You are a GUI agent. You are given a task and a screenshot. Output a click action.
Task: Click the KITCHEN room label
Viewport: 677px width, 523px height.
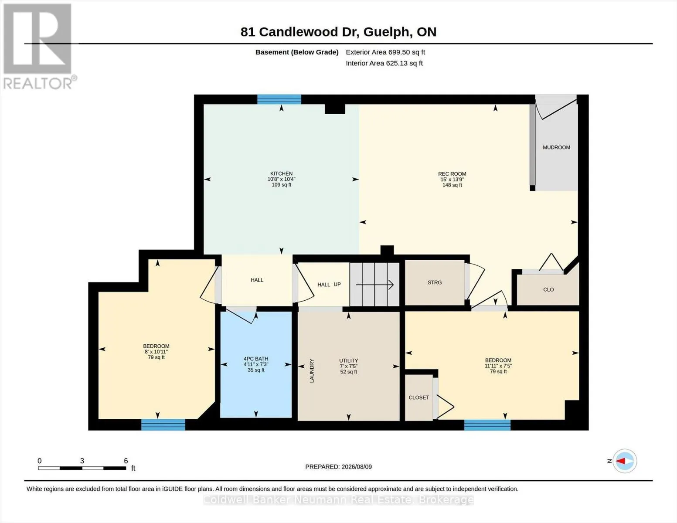pos(281,173)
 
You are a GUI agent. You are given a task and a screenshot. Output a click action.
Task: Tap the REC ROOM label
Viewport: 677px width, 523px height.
pos(452,174)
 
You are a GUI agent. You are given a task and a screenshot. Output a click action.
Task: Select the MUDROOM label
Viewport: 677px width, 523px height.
pos(556,147)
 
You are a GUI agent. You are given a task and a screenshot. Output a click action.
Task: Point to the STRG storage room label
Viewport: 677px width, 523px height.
pos(435,282)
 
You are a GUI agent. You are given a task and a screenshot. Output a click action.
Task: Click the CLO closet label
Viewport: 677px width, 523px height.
pos(548,290)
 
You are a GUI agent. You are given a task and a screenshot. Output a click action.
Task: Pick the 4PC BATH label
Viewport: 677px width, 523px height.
pos(256,359)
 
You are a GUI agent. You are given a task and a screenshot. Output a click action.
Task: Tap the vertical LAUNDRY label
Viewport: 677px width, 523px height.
pos(312,371)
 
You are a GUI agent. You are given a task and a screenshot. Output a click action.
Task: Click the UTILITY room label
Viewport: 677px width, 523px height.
pos(349,361)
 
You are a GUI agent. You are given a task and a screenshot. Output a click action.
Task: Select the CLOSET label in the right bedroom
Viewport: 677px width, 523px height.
pos(419,397)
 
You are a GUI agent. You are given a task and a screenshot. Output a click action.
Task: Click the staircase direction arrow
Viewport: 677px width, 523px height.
pos(374,285)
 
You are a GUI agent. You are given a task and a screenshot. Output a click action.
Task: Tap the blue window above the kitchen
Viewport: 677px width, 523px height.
pos(279,99)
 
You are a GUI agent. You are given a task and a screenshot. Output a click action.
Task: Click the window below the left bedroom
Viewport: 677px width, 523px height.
pos(163,425)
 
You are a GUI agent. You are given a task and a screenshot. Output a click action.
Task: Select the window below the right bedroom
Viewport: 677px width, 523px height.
pos(487,425)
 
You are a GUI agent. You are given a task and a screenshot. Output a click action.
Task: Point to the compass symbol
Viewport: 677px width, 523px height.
pos(625,461)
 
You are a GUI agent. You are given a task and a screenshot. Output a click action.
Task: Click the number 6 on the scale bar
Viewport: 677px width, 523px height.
pos(126,461)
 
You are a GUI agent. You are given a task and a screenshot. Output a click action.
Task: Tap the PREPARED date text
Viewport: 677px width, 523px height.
pos(338,467)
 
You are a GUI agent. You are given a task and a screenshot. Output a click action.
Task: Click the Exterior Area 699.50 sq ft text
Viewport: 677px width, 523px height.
pos(385,52)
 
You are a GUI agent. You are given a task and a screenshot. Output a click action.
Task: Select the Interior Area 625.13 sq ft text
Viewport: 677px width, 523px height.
pos(384,63)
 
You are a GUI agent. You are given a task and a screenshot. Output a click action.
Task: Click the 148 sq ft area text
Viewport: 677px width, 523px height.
pos(452,185)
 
